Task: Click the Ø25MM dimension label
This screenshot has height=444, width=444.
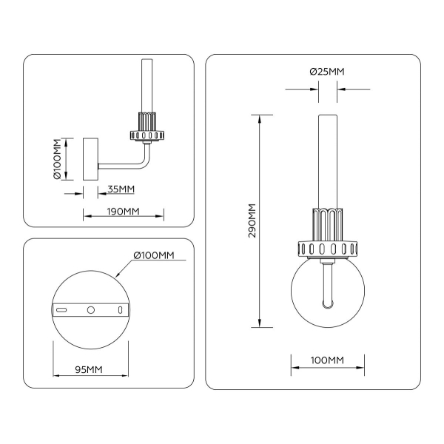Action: pos(327,72)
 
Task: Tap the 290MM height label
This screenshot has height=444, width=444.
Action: pos(252,220)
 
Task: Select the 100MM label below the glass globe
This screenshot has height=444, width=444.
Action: pos(326,360)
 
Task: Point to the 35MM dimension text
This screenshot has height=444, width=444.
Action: pos(121,189)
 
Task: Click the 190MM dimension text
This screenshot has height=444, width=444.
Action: pos(122,212)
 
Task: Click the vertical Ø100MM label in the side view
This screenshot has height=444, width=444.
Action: pos(57,160)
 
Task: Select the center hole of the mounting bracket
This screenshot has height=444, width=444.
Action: pos(91,309)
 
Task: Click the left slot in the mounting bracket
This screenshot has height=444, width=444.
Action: pos(64,309)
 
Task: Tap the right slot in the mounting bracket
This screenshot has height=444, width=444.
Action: pos(118,309)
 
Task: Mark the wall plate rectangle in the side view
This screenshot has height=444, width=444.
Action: pos(91,158)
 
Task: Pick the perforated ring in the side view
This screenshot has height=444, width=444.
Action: pos(146,136)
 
